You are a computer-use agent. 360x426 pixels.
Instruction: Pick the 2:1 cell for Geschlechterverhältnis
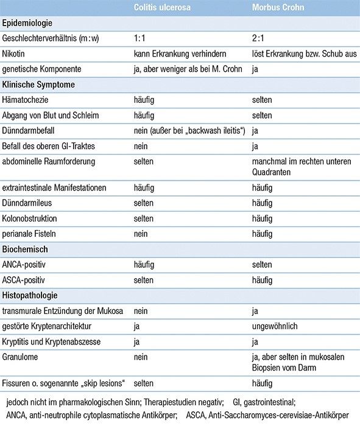tap(258, 38)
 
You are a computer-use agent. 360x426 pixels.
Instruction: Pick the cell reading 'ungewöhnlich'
tap(275, 326)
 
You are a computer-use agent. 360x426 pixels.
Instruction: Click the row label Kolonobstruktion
tap(32, 218)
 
